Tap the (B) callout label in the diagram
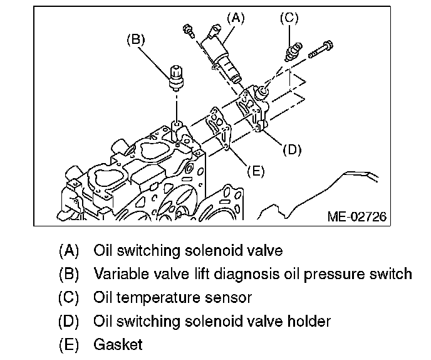pos(136,40)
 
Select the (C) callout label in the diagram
pos(288,19)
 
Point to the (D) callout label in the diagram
pos(292,150)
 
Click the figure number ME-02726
pos(356,217)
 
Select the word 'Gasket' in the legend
pos(118,344)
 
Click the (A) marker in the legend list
pos(69,251)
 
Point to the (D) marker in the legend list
pos(69,321)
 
